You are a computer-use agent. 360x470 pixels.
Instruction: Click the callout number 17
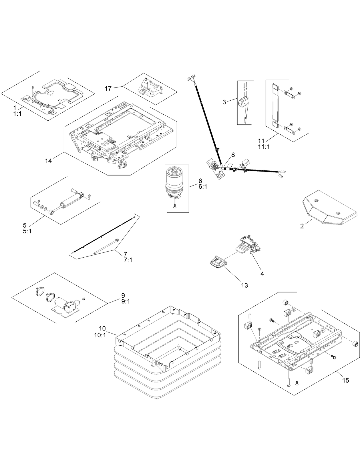point(108,88)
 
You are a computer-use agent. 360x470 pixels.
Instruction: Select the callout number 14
point(48,161)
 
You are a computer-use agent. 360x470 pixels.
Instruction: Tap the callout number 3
point(224,102)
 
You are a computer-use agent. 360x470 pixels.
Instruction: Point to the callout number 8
point(233,155)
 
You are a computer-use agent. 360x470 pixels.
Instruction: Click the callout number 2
point(302,226)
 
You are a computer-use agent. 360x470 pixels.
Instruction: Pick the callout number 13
point(244,285)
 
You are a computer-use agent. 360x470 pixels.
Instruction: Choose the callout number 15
point(345,381)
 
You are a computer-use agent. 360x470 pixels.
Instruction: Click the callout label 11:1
point(264,147)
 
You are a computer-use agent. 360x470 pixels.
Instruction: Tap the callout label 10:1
point(100,335)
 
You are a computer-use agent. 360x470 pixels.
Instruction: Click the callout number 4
point(262,274)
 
